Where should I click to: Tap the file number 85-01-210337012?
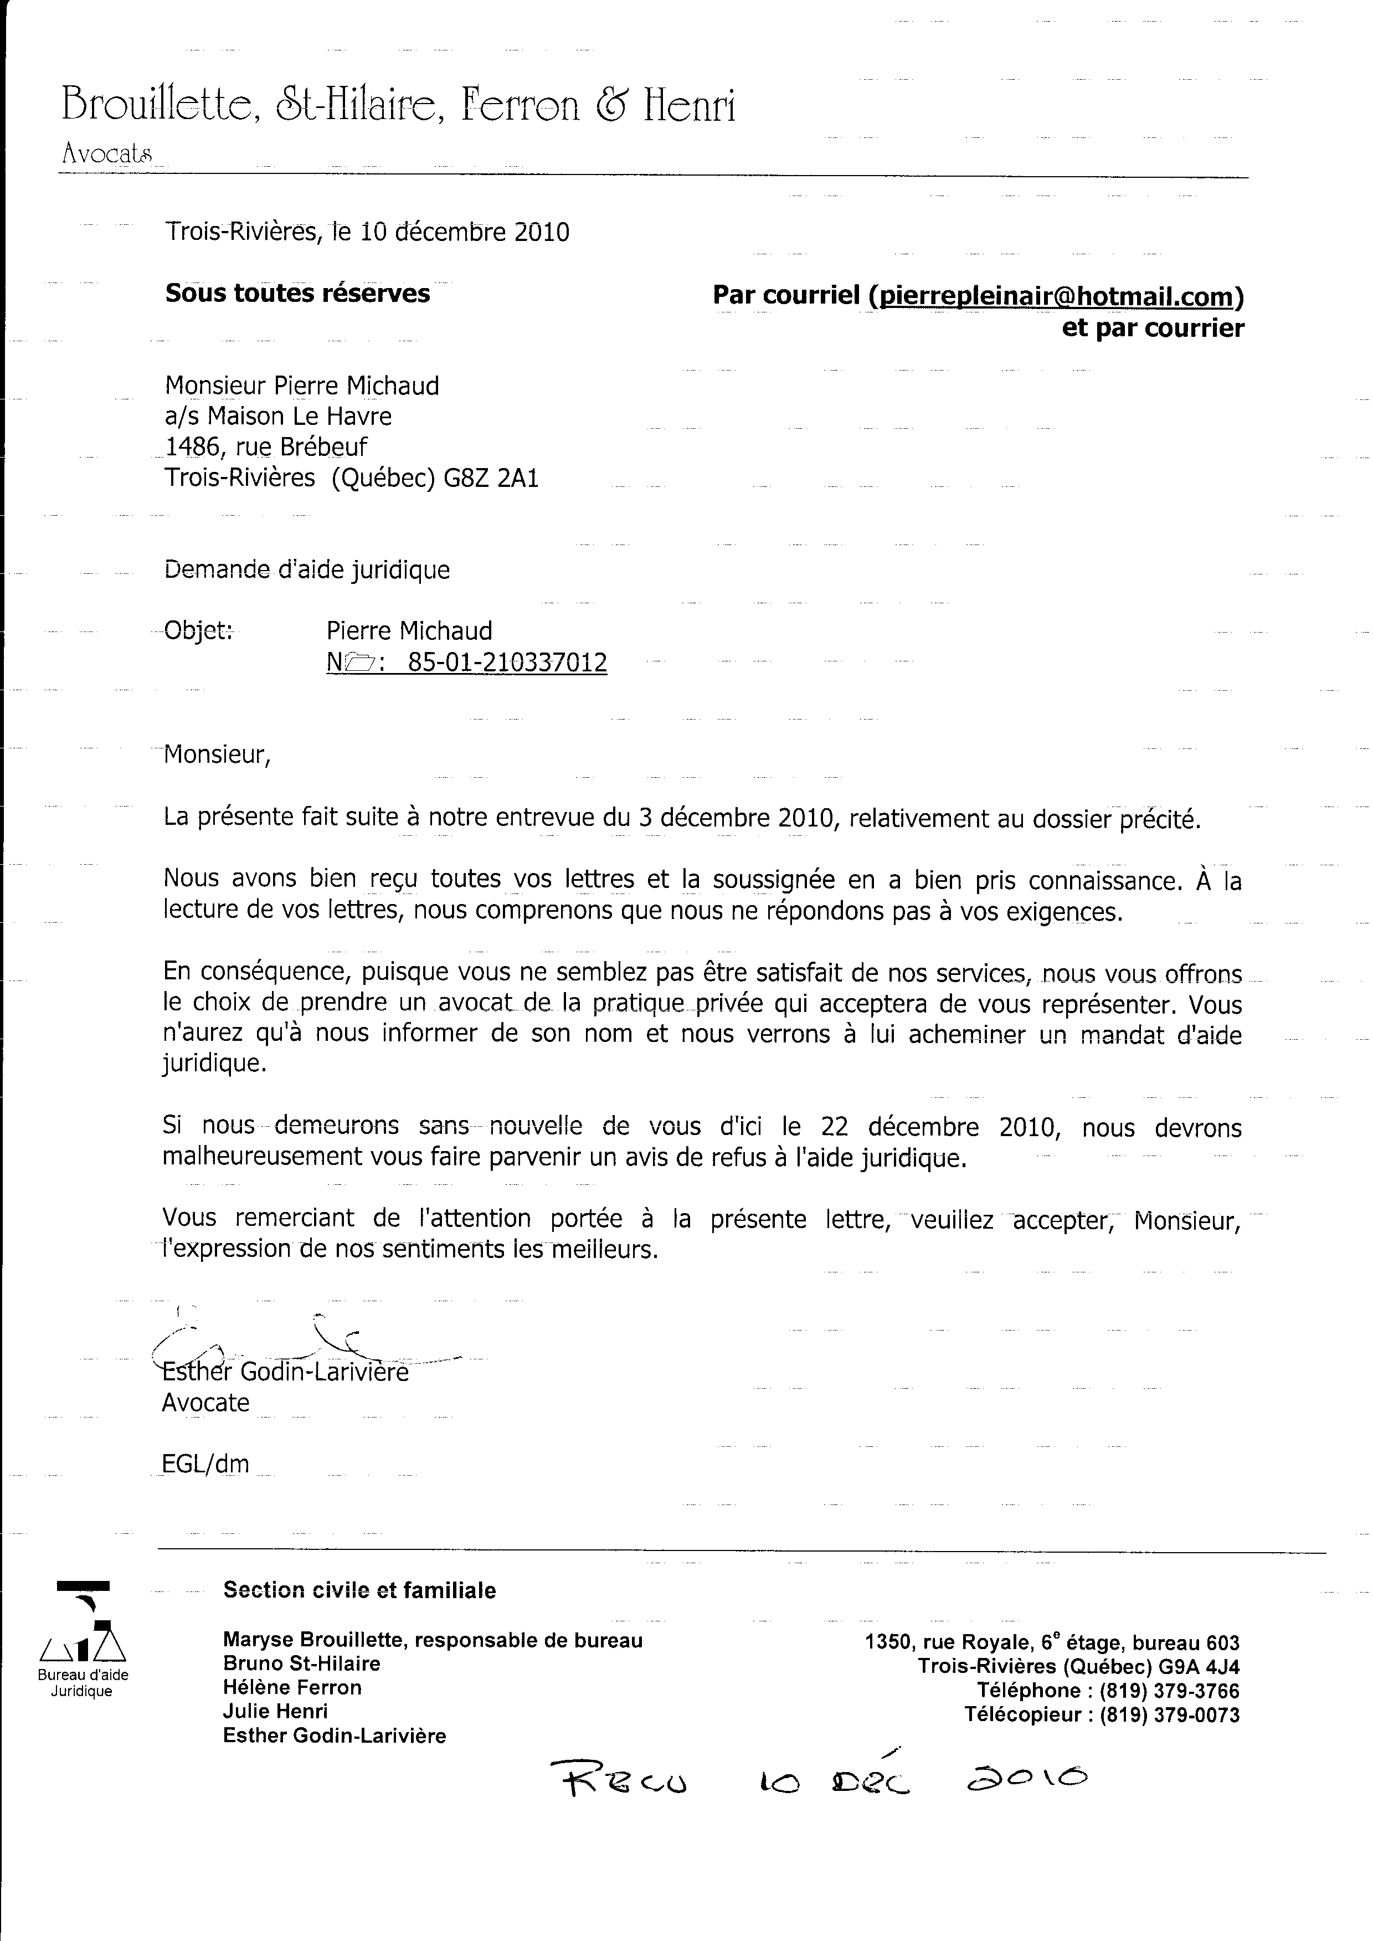click(x=507, y=663)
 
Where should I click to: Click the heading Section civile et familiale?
click(x=359, y=1590)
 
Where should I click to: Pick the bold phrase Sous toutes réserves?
click(x=297, y=294)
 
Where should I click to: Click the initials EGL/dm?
click(x=205, y=1464)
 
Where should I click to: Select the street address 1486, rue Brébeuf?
click(x=266, y=447)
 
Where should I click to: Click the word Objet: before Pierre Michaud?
click(x=198, y=630)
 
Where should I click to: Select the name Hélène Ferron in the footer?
click(x=292, y=1687)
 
